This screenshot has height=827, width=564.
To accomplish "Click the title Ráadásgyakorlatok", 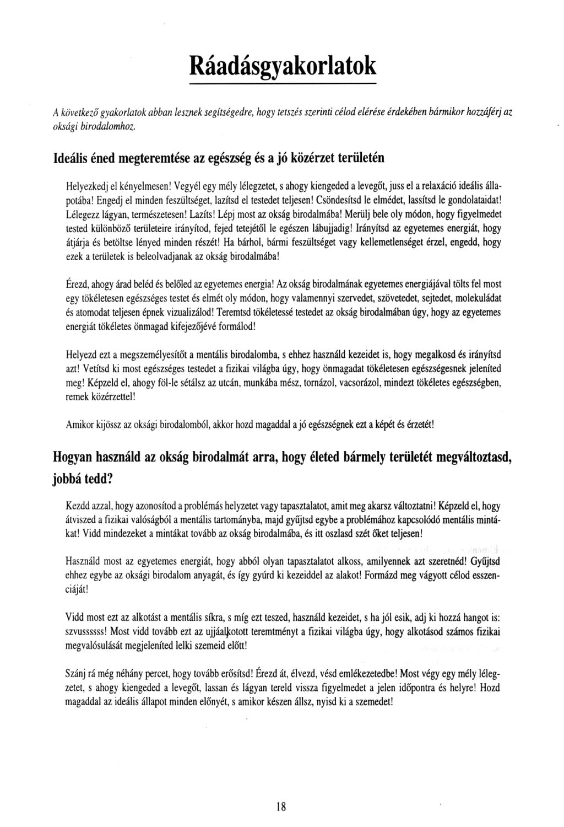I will click(283, 65).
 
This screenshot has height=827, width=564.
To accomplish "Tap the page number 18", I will click(281, 807).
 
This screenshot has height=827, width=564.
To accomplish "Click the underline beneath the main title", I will click(283, 84).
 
